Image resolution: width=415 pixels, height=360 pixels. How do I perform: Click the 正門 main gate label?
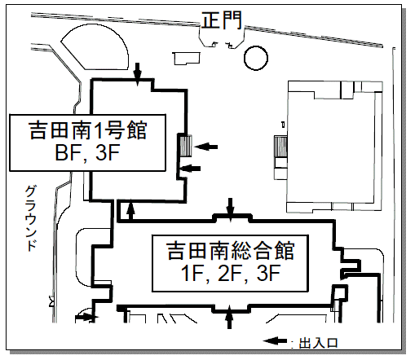(x=221, y=20)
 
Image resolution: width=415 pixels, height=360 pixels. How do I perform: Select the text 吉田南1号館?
(x=87, y=130)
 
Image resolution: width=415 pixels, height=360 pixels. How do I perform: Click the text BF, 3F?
(x=87, y=152)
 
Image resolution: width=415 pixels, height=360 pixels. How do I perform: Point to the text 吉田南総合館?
(x=230, y=250)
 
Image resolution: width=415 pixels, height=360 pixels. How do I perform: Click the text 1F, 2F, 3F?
(x=230, y=273)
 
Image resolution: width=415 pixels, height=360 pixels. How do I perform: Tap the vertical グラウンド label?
(x=31, y=218)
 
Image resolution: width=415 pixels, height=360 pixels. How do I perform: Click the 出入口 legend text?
(x=318, y=343)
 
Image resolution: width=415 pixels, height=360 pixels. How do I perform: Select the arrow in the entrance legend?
(x=275, y=341)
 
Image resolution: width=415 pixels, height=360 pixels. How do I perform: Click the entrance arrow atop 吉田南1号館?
(x=138, y=74)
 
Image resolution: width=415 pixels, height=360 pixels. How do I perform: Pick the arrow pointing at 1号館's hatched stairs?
(x=206, y=147)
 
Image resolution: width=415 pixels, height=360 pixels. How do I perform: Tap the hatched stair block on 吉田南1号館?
(x=185, y=146)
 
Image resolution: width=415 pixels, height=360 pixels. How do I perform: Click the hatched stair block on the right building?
(x=280, y=146)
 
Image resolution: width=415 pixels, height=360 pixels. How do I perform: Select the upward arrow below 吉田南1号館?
(x=131, y=209)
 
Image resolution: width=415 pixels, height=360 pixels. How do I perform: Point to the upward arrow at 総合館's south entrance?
(x=230, y=317)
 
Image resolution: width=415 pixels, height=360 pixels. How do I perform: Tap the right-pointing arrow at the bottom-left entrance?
(x=86, y=317)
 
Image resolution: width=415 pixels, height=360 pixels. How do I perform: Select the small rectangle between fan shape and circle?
(x=187, y=59)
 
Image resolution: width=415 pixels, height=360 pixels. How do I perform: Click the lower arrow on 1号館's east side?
(x=190, y=169)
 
